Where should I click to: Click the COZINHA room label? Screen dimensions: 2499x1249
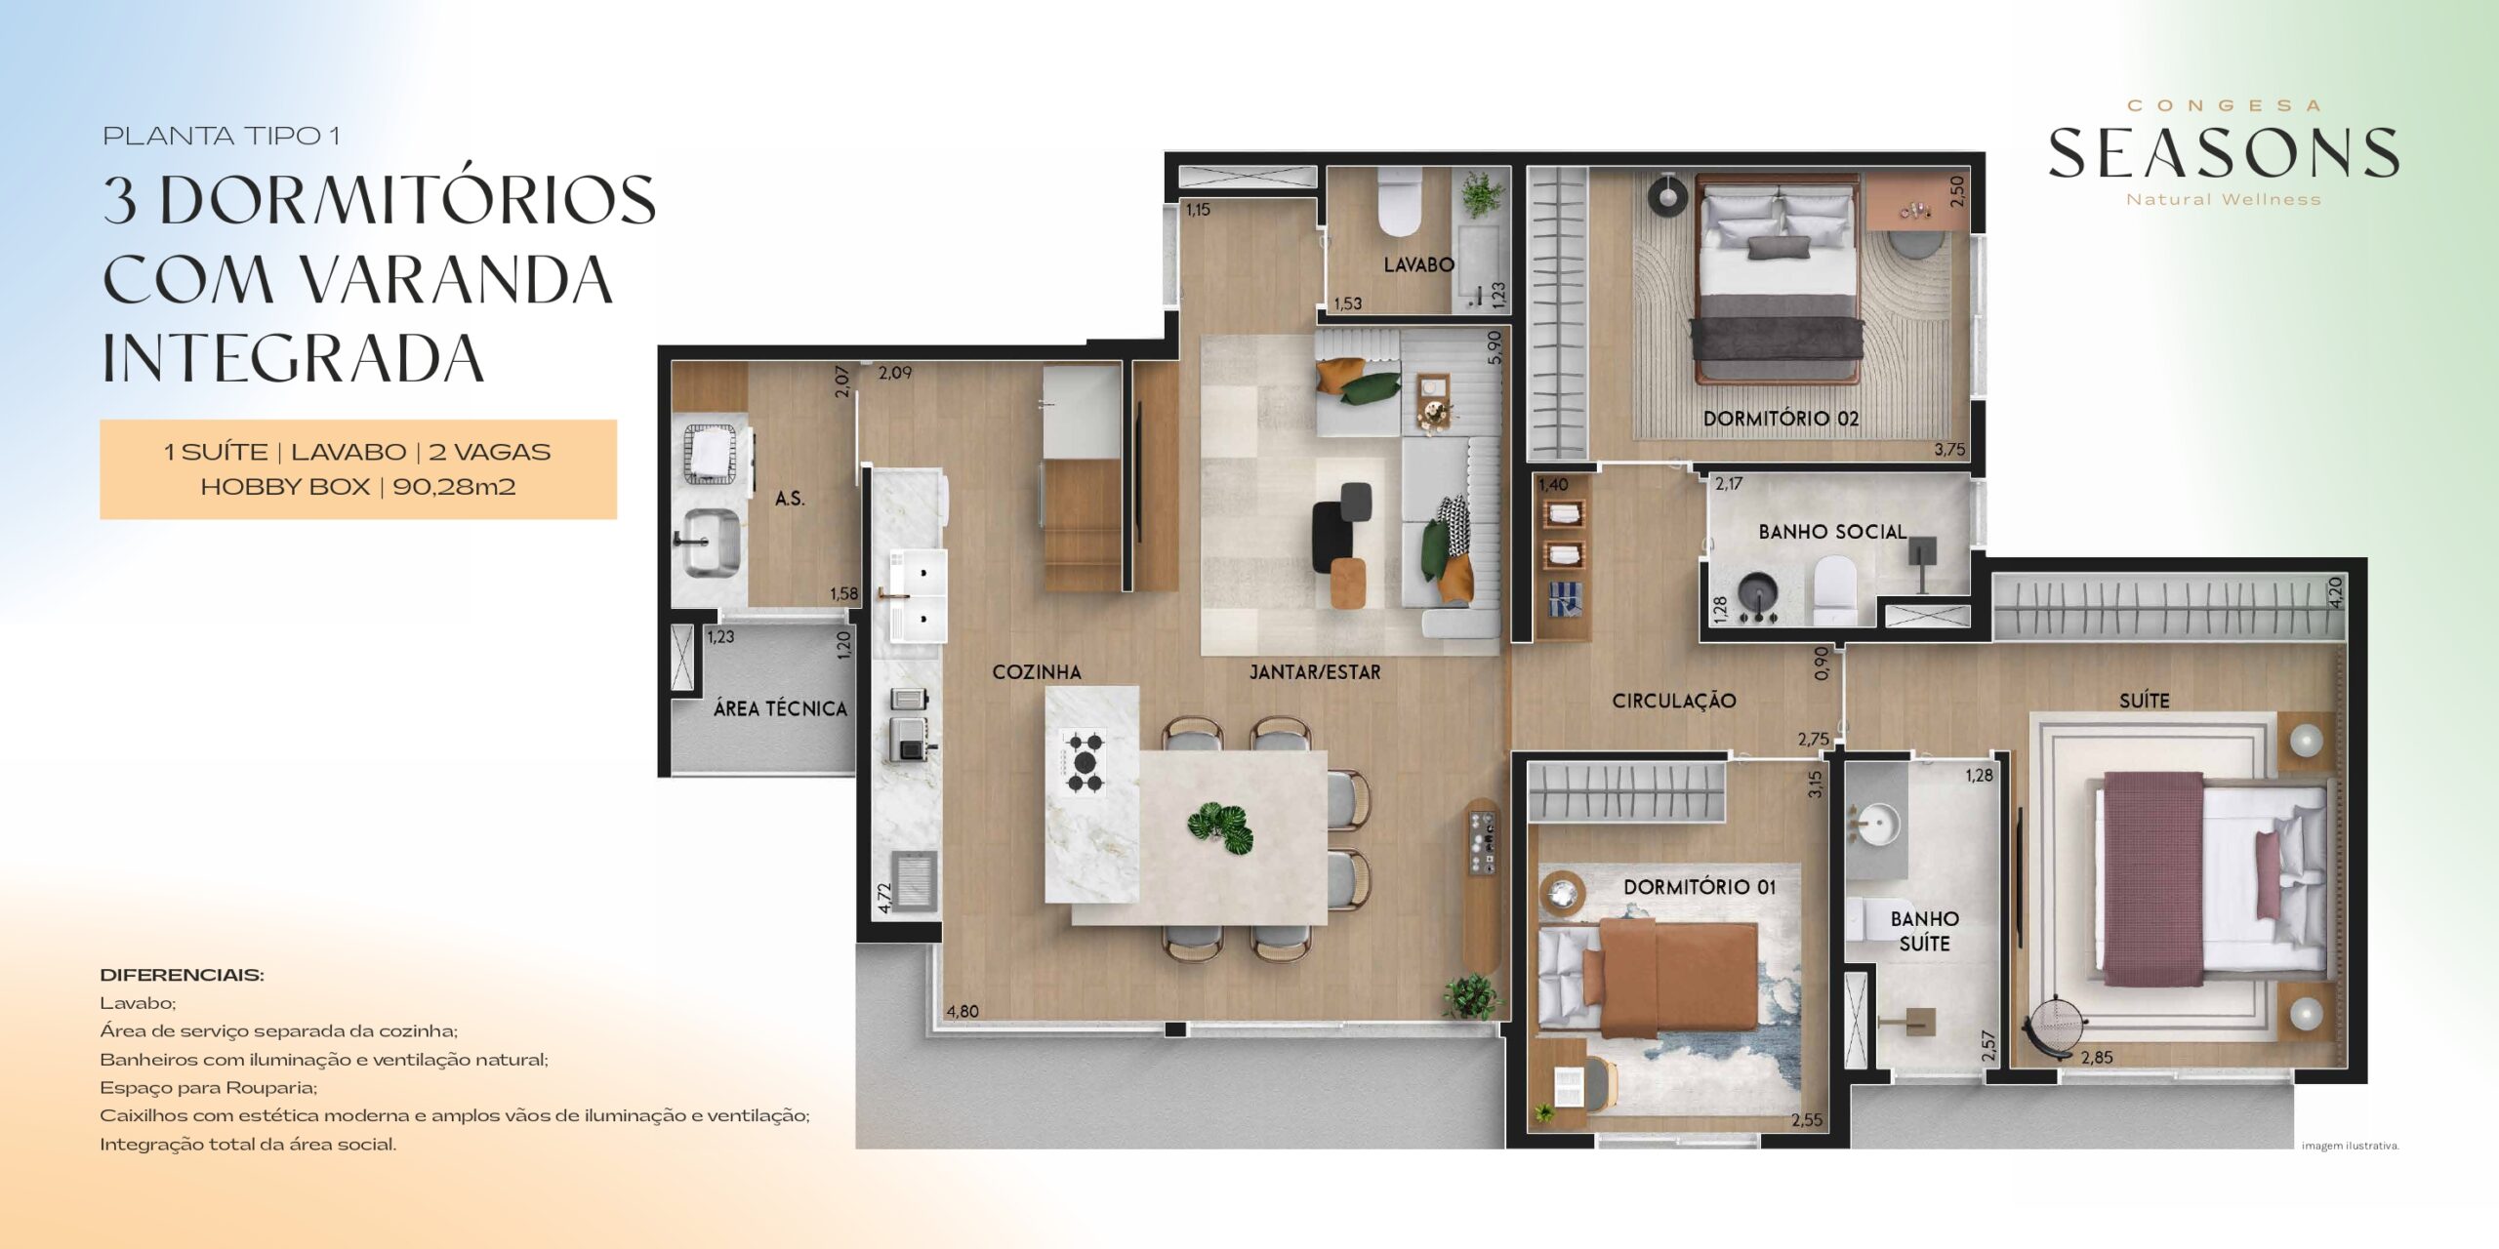pos(1037,671)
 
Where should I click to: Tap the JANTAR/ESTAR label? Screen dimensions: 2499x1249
pos(1315,671)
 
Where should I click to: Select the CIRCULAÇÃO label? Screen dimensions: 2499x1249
pos(1674,701)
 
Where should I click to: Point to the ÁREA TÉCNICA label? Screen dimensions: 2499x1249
pos(780,708)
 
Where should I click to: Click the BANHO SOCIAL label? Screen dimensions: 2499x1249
pos(1832,532)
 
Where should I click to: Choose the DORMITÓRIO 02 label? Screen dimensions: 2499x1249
pos(1781,419)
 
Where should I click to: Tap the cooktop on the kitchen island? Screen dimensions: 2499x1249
pos(1084,761)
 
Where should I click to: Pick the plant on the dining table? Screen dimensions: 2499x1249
pos(1220,828)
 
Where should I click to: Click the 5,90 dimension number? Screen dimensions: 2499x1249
pos(1494,347)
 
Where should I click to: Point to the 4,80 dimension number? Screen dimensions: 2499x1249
pos(963,1011)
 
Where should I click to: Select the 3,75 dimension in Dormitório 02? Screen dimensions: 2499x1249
pos(1949,450)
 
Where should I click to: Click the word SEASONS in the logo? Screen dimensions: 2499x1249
pos(2224,154)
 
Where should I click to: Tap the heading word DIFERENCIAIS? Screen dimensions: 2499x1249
pos(182,975)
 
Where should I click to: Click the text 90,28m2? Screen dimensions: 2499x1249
pos(454,487)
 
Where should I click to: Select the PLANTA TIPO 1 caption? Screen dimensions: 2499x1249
pos(222,136)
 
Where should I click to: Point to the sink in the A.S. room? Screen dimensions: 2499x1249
pos(710,540)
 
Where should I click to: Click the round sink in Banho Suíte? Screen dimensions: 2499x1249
pos(1874,826)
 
